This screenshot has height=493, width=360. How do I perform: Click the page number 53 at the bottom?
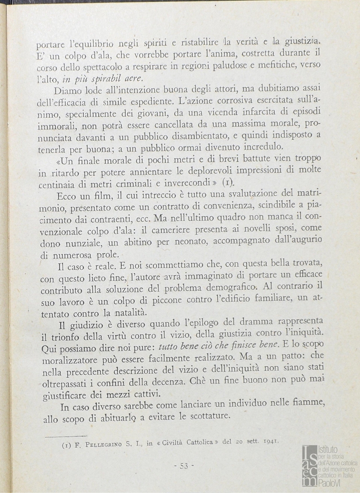tap(184, 466)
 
